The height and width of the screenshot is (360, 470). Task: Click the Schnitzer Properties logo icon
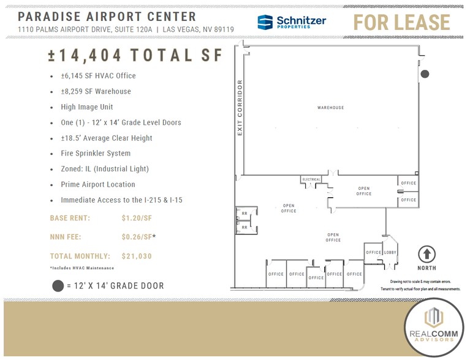[265, 23]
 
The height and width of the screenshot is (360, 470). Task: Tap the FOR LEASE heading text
[402, 23]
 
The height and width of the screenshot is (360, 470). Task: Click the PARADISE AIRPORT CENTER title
[107, 17]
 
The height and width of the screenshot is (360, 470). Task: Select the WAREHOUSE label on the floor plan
[330, 108]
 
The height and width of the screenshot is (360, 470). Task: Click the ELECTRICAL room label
[311, 179]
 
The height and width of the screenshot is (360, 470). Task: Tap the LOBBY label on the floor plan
[390, 252]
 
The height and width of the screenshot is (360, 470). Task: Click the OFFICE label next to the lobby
[373, 252]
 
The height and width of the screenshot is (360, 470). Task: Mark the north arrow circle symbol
[426, 253]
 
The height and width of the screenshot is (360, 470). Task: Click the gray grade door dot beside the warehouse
[425, 74]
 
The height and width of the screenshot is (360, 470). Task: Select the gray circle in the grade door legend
[58, 285]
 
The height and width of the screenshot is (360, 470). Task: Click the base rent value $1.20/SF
[137, 218]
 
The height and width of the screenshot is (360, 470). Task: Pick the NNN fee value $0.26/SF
[137, 237]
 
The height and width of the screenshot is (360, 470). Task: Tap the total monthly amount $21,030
[137, 256]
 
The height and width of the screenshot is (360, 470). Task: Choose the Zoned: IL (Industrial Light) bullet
[104, 169]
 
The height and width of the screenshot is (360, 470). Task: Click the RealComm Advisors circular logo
[433, 327]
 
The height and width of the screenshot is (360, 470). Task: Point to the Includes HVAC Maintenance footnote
[81, 268]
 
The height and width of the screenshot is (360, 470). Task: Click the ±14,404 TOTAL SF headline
[134, 55]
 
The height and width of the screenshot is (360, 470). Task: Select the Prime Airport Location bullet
[97, 184]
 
